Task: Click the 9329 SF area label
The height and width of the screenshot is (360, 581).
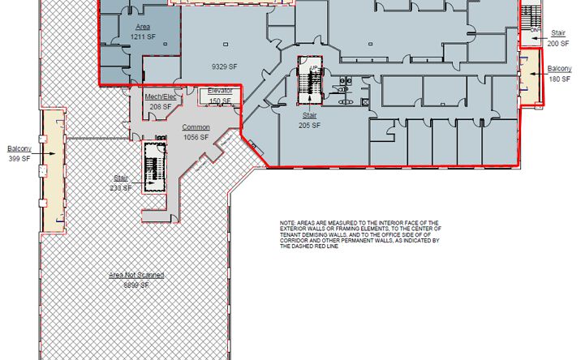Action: click(x=223, y=66)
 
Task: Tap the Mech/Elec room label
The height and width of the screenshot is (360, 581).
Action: click(x=159, y=96)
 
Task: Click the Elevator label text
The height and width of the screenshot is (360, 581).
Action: click(x=220, y=91)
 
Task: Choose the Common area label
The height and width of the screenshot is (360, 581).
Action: click(x=196, y=127)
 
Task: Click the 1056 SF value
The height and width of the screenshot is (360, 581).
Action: click(x=196, y=137)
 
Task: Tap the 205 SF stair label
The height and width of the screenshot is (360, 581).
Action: click(x=309, y=126)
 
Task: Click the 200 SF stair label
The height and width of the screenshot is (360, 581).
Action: click(x=558, y=44)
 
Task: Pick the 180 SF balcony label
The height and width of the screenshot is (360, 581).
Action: click(x=559, y=79)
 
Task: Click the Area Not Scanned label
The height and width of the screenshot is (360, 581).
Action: click(x=136, y=276)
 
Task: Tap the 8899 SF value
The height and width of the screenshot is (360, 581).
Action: click(x=136, y=285)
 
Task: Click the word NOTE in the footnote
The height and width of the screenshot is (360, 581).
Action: click(x=287, y=222)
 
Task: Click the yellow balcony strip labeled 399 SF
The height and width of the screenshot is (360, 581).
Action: click(x=54, y=170)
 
